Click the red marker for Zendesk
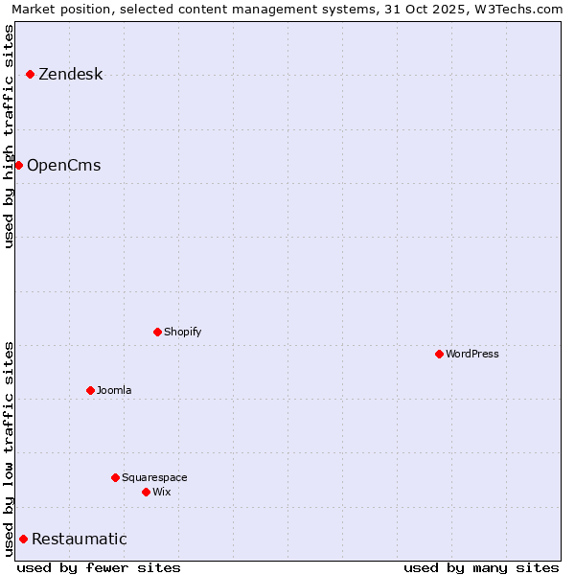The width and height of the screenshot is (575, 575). coord(30,74)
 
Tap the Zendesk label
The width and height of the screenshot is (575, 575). coord(70,75)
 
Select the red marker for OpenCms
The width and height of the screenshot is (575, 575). coord(18,165)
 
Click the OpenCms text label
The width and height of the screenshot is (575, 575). coord(63,166)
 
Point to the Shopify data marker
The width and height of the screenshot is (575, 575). coord(157,332)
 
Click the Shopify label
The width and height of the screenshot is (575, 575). coord(182,332)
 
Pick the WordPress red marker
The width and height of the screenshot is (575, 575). coord(439,354)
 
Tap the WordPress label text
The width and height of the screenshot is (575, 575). coord(472,354)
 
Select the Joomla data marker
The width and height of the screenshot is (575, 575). coord(90,390)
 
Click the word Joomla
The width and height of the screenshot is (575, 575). coord(114,390)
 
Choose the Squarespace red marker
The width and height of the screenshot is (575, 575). coord(115,477)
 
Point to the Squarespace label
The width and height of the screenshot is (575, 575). coord(154,477)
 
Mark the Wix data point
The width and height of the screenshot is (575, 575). coord(146,492)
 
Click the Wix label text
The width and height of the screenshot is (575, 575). coord(161,492)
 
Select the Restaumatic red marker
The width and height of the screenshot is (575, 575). coord(23,539)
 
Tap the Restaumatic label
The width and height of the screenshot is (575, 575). coord(79,540)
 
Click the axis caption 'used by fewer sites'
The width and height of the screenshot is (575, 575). coord(99,567)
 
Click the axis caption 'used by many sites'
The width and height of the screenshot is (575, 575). coord(481,567)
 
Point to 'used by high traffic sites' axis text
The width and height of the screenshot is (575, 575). coord(10,136)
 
